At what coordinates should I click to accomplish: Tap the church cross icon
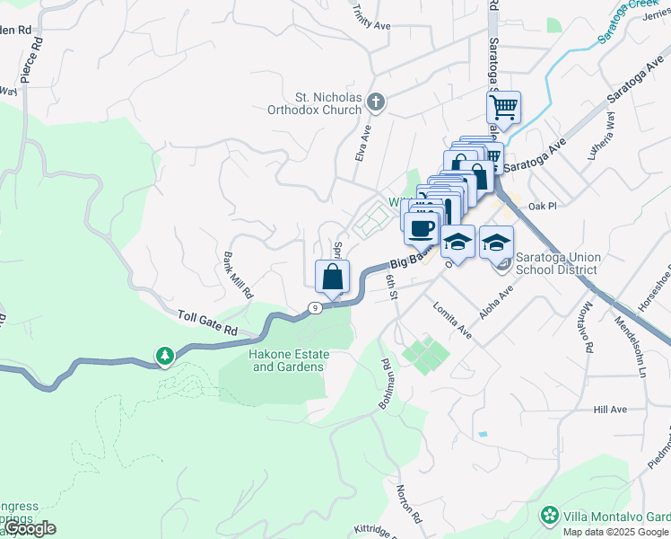click(377, 103)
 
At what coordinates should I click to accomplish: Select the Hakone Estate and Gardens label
click(289, 360)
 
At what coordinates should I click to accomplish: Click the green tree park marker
click(164, 357)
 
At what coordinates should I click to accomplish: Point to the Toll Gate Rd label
click(208, 323)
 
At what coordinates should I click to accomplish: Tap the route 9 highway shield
click(314, 308)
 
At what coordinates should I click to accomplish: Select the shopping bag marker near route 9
click(333, 278)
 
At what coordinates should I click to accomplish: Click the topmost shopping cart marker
click(504, 109)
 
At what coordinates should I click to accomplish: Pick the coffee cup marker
click(421, 227)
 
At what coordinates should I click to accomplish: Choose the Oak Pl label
click(543, 206)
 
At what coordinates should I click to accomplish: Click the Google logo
click(30, 528)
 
